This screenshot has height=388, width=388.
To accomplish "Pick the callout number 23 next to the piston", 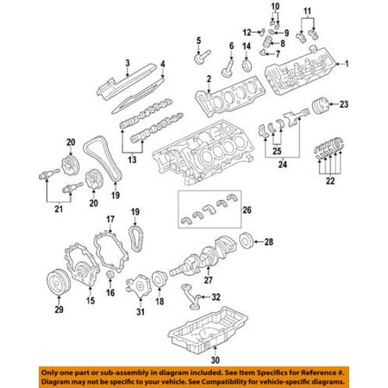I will pyautogui.click(x=343, y=105).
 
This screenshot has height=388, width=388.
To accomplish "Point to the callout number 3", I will pyautogui.click(x=127, y=62).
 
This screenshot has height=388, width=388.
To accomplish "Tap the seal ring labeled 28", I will pyautogui.click(x=247, y=239).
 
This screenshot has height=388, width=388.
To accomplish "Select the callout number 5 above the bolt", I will pyautogui.click(x=197, y=41).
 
